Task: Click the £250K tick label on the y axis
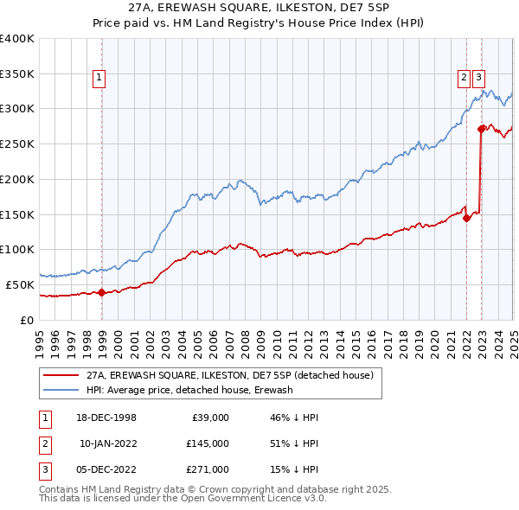tap(17, 143)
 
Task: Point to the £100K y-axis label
tap(17, 249)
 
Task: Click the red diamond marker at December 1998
tap(102, 292)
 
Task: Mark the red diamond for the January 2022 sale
tap(466, 218)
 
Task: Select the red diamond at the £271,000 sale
tap(481, 129)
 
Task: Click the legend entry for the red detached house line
tap(229, 375)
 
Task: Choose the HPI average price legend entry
tap(189, 391)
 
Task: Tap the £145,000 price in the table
tap(208, 443)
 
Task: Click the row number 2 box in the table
tap(43, 443)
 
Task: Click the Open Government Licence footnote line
tap(183, 499)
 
